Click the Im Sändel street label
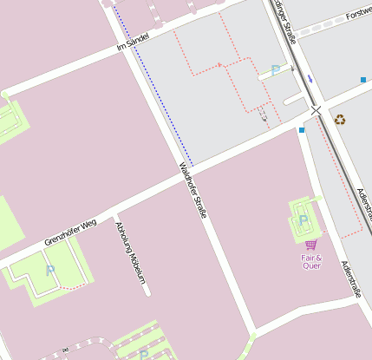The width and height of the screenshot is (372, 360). [133, 42]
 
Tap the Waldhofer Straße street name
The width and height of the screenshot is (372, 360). [193, 189]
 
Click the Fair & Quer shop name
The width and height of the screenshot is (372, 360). [311, 262]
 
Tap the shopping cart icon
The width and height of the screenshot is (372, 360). [310, 245]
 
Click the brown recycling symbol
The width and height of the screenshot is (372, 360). [340, 120]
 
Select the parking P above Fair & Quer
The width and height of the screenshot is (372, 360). [303, 220]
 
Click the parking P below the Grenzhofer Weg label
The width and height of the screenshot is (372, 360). [49, 272]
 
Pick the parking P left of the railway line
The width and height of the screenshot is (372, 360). [276, 70]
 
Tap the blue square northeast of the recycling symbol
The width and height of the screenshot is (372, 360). [362, 80]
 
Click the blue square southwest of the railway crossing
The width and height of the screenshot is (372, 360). [301, 130]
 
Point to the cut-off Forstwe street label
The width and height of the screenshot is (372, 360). [358, 15]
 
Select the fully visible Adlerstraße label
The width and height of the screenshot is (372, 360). [349, 279]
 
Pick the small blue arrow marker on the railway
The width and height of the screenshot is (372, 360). [310, 79]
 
